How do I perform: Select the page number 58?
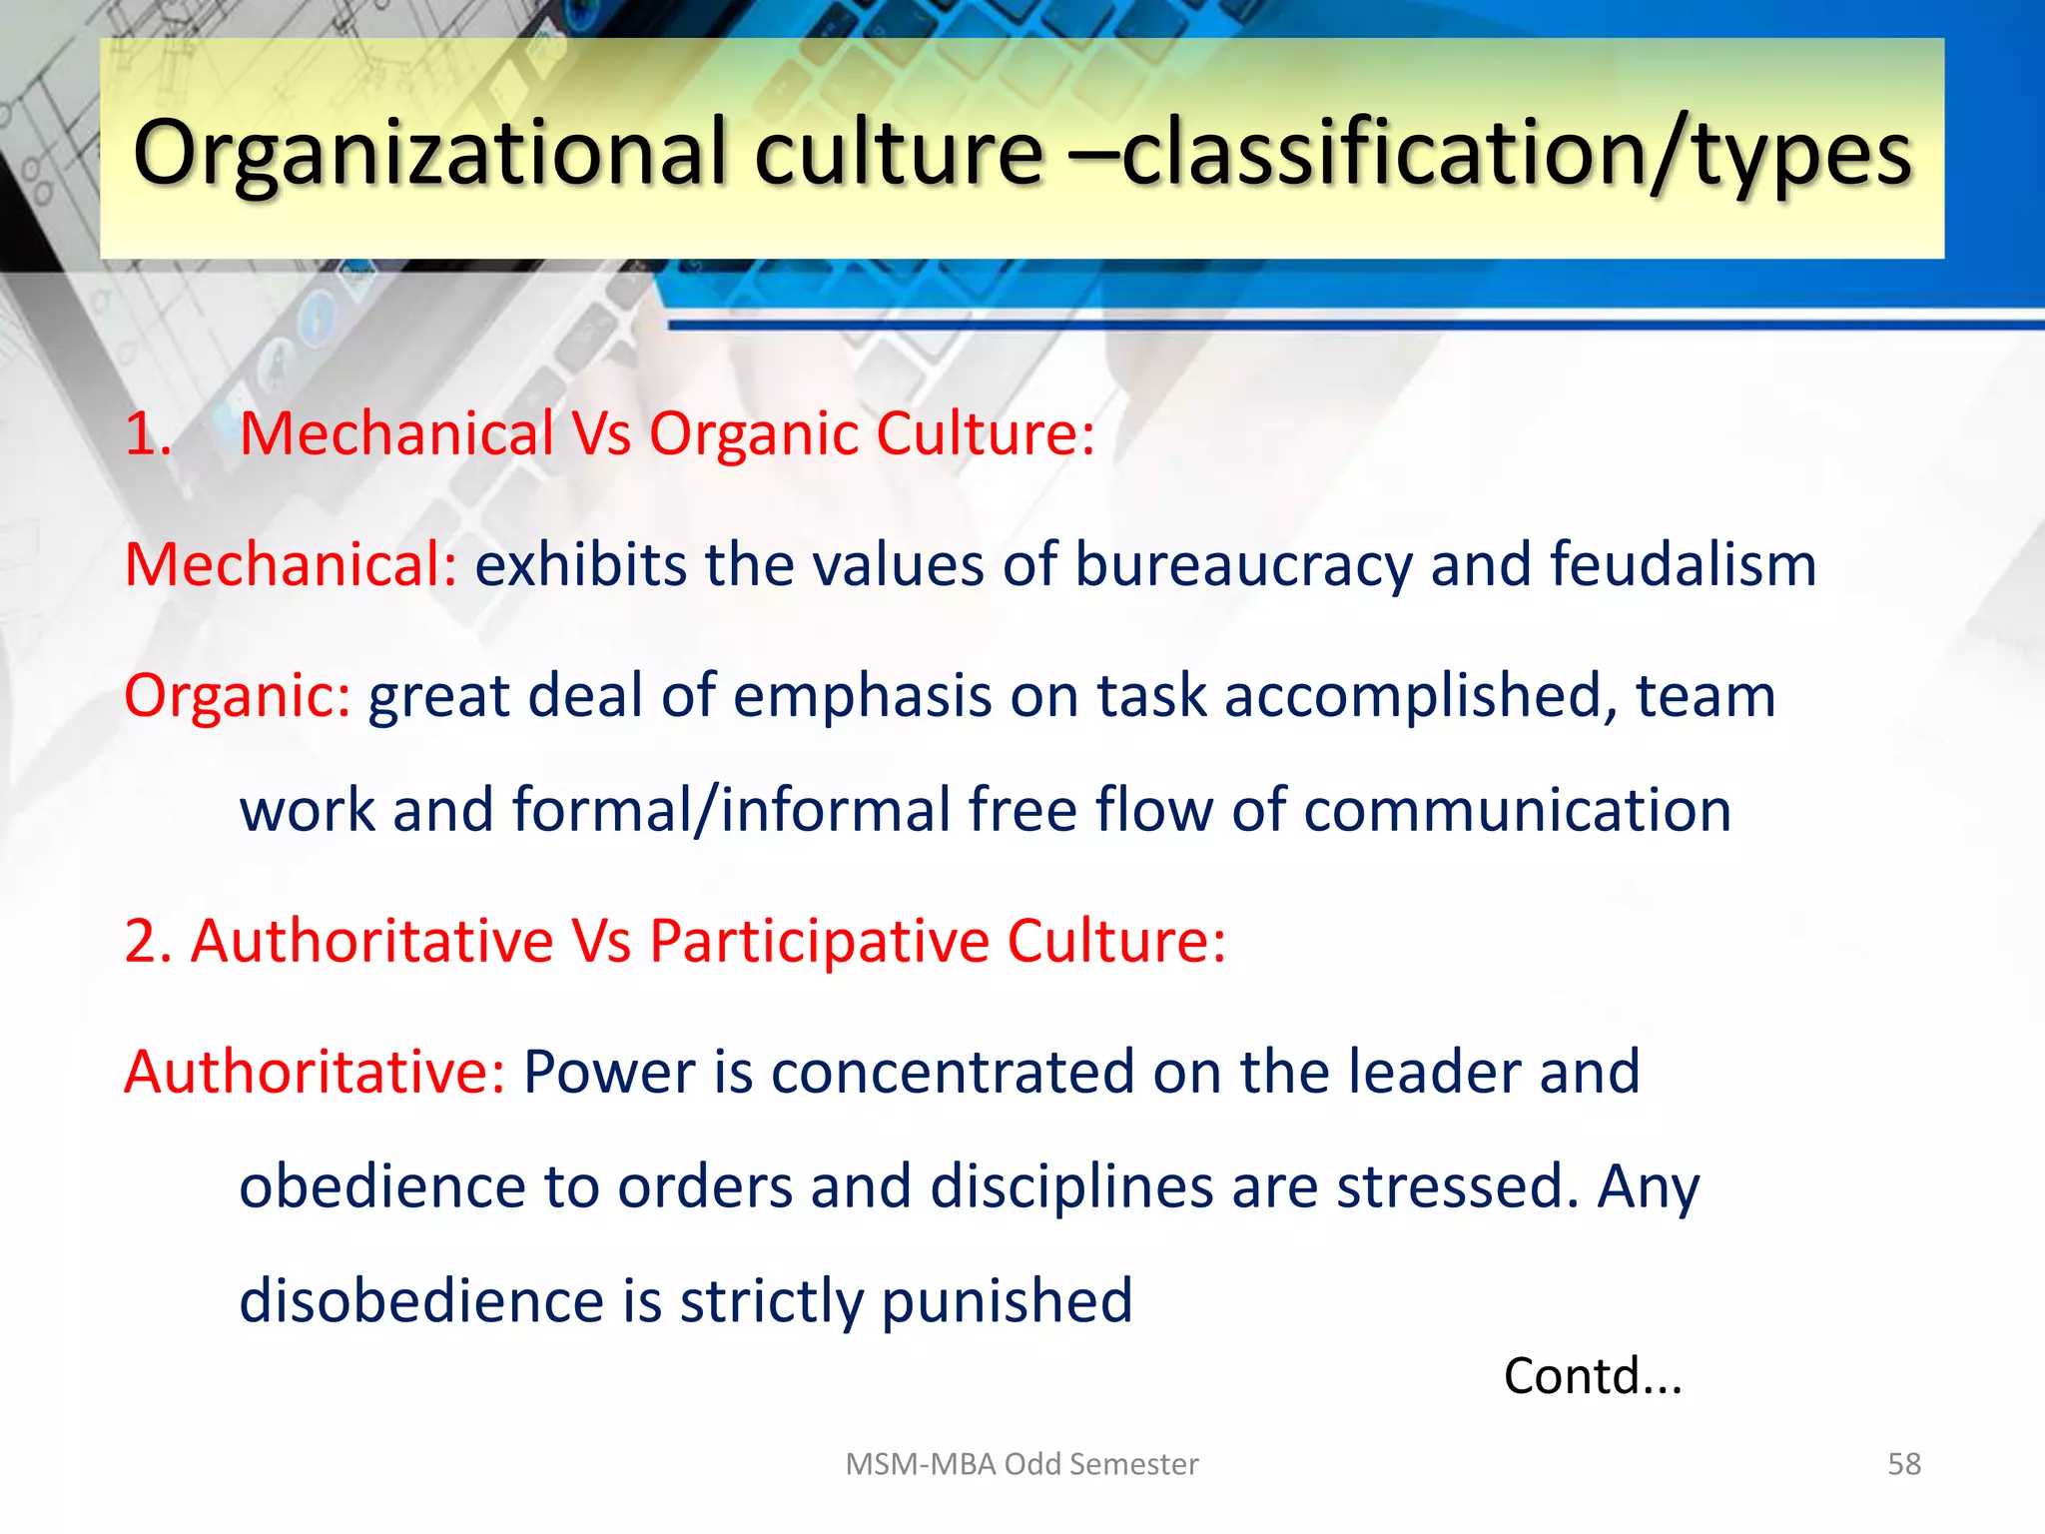click(x=1903, y=1464)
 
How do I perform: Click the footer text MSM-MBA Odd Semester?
click(x=1022, y=1464)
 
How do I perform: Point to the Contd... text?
click(x=1593, y=1376)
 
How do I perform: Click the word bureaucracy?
click(x=1243, y=565)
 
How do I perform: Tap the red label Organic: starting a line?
click(x=237, y=696)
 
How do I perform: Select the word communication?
click(x=1517, y=809)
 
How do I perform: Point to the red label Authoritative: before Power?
click(x=315, y=1072)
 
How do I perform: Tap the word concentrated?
click(x=953, y=1072)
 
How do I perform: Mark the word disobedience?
click(x=421, y=1300)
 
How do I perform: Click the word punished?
click(x=1007, y=1302)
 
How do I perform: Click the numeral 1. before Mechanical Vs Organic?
click(x=148, y=434)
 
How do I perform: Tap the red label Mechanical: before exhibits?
click(x=291, y=565)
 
